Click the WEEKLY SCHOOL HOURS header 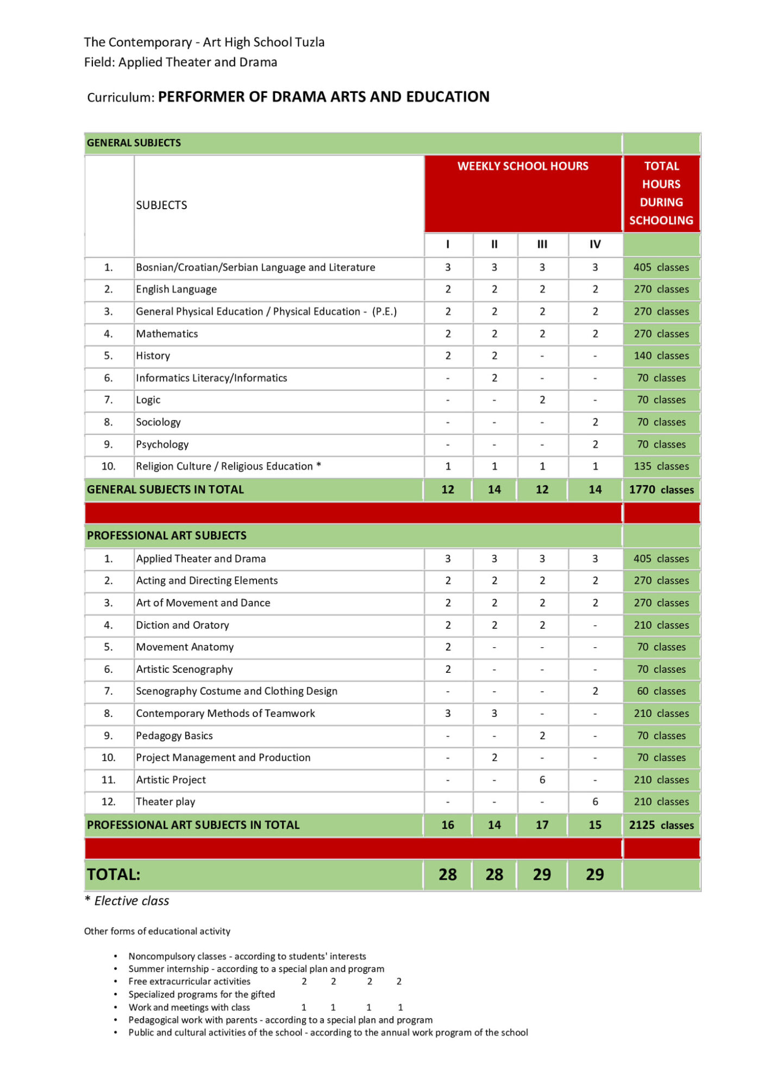point(522,166)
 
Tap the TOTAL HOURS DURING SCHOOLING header point(661,193)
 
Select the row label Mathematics point(167,334)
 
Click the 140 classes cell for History point(661,356)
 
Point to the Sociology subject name point(158,422)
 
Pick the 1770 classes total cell point(661,490)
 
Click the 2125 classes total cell point(661,825)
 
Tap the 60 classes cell point(661,691)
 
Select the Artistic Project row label point(171,780)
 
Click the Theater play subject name point(165,802)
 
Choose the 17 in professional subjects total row point(542,825)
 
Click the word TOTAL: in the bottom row point(114,874)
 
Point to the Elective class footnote point(131,901)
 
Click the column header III point(542,245)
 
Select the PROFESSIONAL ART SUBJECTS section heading point(166,536)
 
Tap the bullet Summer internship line point(256,969)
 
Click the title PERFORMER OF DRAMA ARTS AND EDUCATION point(323,97)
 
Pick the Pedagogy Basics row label point(174,736)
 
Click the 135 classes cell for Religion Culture point(661,466)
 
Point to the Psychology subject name point(162,445)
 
